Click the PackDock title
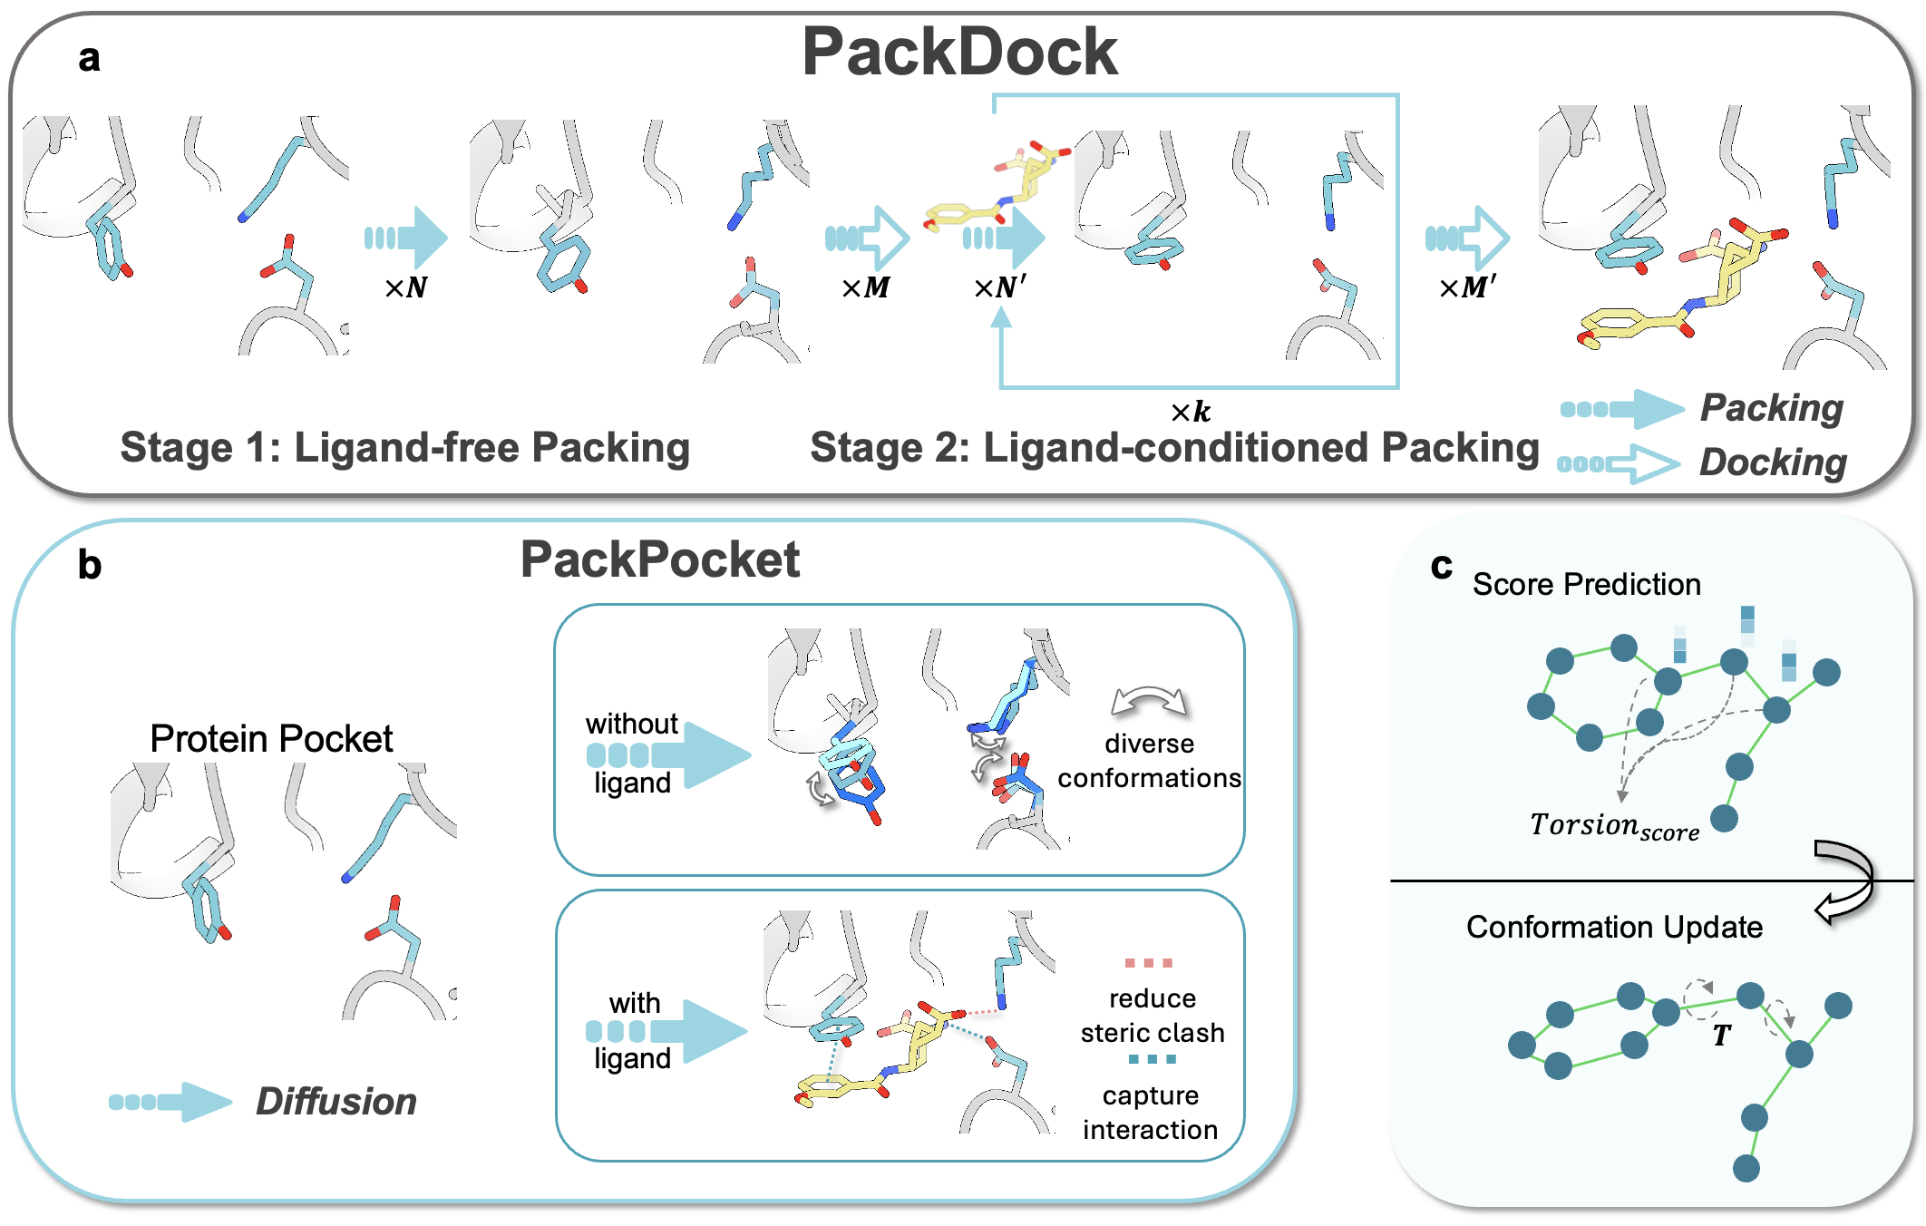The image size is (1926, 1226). click(x=959, y=53)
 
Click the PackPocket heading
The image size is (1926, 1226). click(x=659, y=559)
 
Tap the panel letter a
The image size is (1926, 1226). click(x=89, y=58)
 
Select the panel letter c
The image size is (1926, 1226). click(x=1441, y=566)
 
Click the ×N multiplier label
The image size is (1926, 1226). click(x=405, y=288)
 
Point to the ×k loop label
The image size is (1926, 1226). click(x=1190, y=413)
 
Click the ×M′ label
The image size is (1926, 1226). click(x=1466, y=288)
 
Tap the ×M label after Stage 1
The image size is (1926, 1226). click(x=865, y=288)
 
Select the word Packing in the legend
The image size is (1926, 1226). click(x=1771, y=408)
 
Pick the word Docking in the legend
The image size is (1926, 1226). click(x=1772, y=462)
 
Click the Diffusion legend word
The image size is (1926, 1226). click(x=336, y=1102)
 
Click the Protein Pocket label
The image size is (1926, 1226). click(x=271, y=739)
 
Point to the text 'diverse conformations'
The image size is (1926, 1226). click(x=1149, y=761)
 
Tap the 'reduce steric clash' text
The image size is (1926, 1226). click(x=1152, y=1016)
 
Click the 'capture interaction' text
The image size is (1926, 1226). click(x=1150, y=1113)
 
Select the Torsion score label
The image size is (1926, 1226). click(x=1613, y=826)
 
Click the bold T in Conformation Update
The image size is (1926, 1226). click(x=1721, y=1036)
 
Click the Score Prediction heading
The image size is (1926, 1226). click(x=1586, y=585)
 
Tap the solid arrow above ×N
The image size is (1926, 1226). click(x=407, y=238)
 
